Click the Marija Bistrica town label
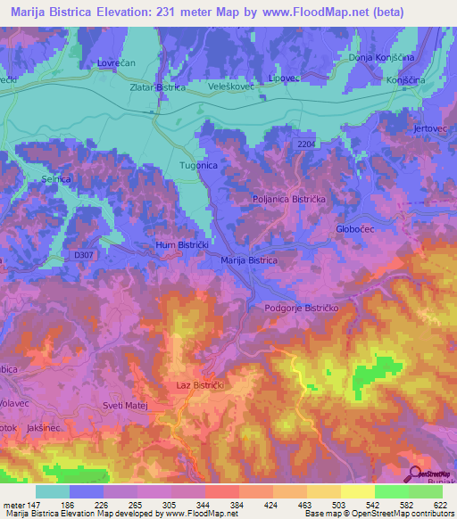[248, 259]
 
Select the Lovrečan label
[115, 64]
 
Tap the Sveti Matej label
[124, 406]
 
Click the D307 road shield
[83, 256]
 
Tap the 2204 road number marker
[307, 143]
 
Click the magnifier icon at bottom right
[413, 475]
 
